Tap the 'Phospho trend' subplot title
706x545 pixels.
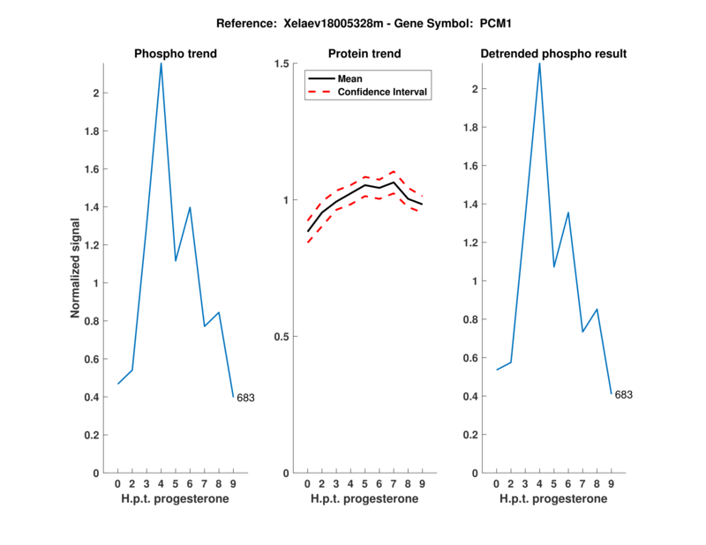click(175, 54)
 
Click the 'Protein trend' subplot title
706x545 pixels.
click(364, 54)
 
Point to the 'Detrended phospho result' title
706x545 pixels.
click(553, 54)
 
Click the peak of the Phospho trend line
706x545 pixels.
click(161, 63)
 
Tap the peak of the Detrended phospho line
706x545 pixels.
click(539, 63)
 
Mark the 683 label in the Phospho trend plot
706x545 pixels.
click(245, 398)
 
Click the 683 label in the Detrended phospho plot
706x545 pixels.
click(623, 394)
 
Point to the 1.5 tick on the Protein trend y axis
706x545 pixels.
click(282, 63)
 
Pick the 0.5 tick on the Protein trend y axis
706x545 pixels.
click(282, 337)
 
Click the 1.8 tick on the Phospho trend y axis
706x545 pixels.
click(92, 131)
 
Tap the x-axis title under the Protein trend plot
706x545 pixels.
click(364, 499)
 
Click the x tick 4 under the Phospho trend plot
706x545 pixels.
click(161, 483)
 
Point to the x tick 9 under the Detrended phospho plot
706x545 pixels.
click(611, 483)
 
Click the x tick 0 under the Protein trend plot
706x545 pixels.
click(307, 483)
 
